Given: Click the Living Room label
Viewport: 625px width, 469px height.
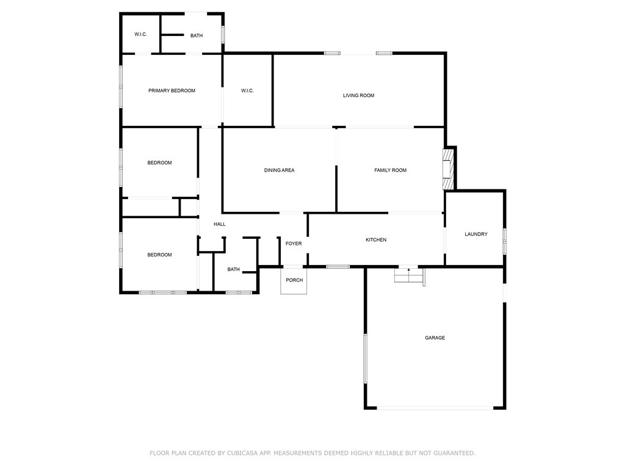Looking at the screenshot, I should tap(358, 95).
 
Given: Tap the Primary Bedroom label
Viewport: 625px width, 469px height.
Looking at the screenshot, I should tap(172, 90).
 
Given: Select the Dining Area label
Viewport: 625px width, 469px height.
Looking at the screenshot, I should tap(279, 170).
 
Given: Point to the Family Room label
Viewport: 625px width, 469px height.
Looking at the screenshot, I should tap(390, 170).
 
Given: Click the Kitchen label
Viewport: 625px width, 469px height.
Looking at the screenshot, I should tap(376, 240).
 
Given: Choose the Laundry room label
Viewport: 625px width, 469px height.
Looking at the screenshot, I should tap(475, 234).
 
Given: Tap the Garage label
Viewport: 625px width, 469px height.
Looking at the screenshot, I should tap(435, 338).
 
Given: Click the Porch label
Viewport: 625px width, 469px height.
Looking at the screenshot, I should tap(294, 280).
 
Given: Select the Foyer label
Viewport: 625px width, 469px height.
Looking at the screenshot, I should tap(294, 244).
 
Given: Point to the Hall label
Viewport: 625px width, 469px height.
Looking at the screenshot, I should tap(219, 224).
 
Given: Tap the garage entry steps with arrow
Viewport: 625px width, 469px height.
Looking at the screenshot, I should tap(409, 275).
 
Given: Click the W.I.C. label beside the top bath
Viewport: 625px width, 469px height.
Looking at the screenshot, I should tap(140, 34).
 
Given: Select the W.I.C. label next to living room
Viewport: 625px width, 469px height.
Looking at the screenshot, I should tap(247, 90).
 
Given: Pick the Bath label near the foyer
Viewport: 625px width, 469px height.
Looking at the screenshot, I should tap(234, 269).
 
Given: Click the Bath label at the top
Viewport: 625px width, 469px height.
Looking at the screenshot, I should tap(196, 35).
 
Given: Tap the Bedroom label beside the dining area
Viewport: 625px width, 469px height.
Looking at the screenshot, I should tap(159, 162).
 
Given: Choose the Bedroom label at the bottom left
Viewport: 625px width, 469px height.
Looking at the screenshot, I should tap(159, 255).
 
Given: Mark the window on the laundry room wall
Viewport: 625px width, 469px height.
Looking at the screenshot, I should tap(504, 241).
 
